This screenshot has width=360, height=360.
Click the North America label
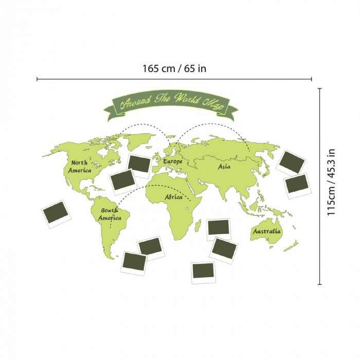(x=80, y=166)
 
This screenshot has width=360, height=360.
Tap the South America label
(x=110, y=214)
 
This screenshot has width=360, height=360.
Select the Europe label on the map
(x=173, y=161)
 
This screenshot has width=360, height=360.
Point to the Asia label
(x=224, y=167)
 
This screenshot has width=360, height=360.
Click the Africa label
(x=173, y=197)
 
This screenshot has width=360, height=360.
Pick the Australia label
(x=267, y=232)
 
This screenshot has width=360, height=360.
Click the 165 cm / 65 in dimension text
(x=174, y=68)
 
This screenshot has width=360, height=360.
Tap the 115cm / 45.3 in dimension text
(x=332, y=182)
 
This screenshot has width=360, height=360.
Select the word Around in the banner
(x=135, y=102)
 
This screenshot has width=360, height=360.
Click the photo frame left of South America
(x=56, y=213)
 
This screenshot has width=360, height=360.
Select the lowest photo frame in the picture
(x=203, y=273)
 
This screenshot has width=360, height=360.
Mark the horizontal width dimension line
(x=174, y=79)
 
